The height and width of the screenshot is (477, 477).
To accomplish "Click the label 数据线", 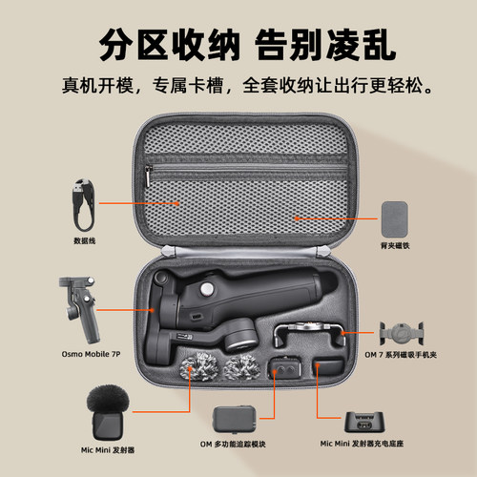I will tap(84, 241).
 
